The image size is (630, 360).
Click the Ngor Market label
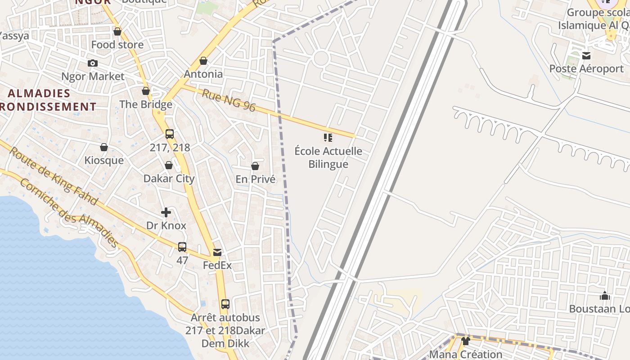(93, 76)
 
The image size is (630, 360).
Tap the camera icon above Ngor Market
(93, 63)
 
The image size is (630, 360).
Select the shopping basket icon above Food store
(117, 31)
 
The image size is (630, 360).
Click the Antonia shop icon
(203, 61)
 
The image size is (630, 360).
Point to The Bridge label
(146, 104)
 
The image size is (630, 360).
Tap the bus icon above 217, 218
(170, 134)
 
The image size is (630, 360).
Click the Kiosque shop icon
(104, 147)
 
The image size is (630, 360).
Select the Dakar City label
(169, 178)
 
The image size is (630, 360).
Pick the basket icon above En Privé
(255, 166)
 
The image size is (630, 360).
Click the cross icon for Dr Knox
(166, 212)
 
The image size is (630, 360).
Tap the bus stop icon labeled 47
(182, 247)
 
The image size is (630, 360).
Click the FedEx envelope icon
(217, 252)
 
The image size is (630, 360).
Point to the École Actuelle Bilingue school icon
(328, 138)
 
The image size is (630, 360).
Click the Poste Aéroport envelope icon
(586, 56)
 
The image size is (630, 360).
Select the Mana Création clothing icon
(466, 341)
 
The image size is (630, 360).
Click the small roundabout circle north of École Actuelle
(321, 58)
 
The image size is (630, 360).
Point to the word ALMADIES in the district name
(40, 94)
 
